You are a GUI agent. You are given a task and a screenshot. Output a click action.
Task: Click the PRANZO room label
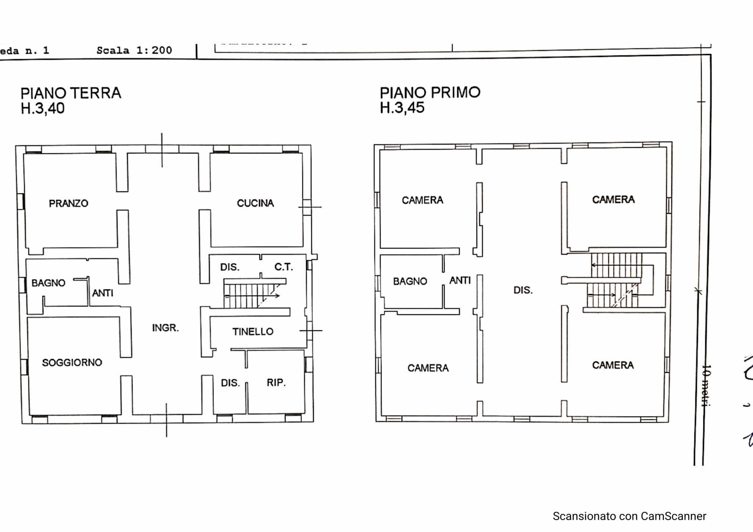click(x=68, y=203)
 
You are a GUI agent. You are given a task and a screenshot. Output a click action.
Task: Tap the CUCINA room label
click(x=255, y=203)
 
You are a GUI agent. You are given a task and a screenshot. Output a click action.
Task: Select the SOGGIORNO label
click(x=72, y=363)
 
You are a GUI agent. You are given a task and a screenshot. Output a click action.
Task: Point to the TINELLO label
click(x=253, y=332)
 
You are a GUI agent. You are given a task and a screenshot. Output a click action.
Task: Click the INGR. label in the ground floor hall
click(x=165, y=328)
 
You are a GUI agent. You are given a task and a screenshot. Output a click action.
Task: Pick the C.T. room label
click(x=283, y=267)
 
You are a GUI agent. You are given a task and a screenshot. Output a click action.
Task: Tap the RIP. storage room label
click(x=276, y=382)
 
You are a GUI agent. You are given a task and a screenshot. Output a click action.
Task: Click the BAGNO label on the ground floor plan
click(x=48, y=283)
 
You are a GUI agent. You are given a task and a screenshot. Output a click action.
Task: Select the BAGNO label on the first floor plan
click(x=410, y=282)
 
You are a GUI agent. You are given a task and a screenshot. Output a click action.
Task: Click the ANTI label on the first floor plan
click(x=460, y=281)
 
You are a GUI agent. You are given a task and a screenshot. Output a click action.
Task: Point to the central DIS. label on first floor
click(x=523, y=290)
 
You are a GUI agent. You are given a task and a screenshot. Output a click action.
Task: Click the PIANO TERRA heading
click(x=71, y=93)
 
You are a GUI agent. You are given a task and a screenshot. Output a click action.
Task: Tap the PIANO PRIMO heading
click(x=430, y=92)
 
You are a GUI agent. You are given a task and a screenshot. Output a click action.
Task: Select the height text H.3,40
click(x=43, y=108)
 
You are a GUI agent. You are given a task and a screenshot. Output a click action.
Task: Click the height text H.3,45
click(x=402, y=108)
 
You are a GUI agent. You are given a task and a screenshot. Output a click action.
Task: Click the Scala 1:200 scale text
click(x=134, y=50)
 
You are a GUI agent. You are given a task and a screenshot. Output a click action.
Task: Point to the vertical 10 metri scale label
click(x=706, y=385)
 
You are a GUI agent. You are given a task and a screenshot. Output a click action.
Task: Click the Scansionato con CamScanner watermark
click(x=629, y=516)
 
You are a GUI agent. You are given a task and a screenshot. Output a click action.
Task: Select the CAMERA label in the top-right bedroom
click(x=613, y=200)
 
